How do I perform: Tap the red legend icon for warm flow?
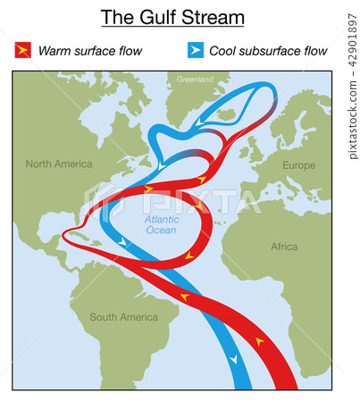pyautogui.click(x=21, y=51)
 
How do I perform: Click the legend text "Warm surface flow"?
pyautogui.click(x=89, y=51)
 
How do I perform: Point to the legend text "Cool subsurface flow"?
pyautogui.click(x=268, y=51)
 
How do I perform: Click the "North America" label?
pyautogui.click(x=59, y=163)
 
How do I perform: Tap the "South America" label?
pyautogui.click(x=123, y=317)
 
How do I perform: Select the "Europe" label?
pyautogui.click(x=298, y=165)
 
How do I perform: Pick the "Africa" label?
pyautogui.click(x=284, y=246)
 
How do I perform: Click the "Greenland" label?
pyautogui.click(x=195, y=80)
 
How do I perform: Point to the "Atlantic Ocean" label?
pyautogui.click(x=161, y=223)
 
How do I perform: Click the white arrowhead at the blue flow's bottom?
pyautogui.click(x=233, y=358)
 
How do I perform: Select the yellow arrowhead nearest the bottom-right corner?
pyautogui.click(x=260, y=341)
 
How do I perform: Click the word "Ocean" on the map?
pyautogui.click(x=161, y=230)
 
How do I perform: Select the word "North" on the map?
pyautogui.click(x=40, y=163)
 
